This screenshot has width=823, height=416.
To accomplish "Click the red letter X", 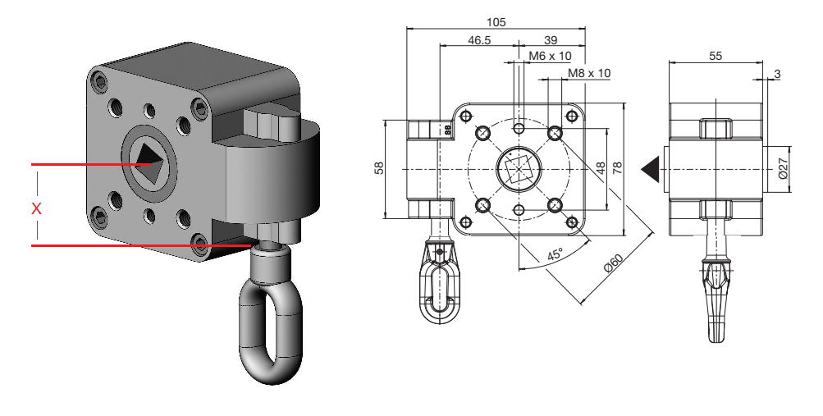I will coord(36,209).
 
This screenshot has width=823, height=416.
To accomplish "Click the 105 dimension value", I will coord(496,21).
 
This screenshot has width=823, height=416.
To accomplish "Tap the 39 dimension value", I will coord(551,39).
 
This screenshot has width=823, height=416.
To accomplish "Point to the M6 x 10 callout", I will coord(550,56).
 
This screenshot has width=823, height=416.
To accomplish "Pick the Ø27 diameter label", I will coord(782,168).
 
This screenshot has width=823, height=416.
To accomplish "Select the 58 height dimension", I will coord(379,168).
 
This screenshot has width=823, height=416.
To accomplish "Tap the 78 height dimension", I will coord(619,167).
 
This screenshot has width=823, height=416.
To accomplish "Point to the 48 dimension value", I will coord(601,167).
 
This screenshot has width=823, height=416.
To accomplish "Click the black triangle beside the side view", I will coord(651,167).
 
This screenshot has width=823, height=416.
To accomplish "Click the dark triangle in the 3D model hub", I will coord(149,155).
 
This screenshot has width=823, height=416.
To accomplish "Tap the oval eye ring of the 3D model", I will coord(270,328).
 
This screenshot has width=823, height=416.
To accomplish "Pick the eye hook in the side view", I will coord(716,295).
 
